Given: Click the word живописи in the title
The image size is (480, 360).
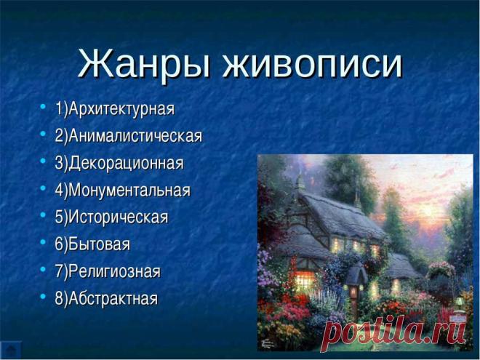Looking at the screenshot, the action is point(312,63).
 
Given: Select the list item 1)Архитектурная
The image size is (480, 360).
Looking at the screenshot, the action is point(114,109).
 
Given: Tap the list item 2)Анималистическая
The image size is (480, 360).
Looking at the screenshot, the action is point(129,136).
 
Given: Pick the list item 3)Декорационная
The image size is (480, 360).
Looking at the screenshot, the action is point(119,163).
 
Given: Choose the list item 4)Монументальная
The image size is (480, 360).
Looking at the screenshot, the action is point(122,190).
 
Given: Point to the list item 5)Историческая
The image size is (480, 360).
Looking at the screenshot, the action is point(111,217).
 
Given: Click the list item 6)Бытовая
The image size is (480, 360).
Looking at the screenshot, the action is point(92,244).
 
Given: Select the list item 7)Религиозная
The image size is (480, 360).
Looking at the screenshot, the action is point(108,271).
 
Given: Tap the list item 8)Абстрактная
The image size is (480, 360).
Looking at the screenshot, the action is point(106,298).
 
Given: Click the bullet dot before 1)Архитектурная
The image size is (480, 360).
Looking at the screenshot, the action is point(43,107).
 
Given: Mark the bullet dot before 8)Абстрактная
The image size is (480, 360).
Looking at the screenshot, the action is point(43,296).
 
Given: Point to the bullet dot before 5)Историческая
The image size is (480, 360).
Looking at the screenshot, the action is point(43,215).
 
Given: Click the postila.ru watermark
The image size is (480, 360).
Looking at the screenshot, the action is point(394,333).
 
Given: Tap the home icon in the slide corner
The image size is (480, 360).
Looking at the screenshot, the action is point(11,350).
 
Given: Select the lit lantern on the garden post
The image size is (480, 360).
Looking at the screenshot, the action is point(353,292).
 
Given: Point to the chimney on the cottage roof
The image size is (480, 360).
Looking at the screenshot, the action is point(300,182).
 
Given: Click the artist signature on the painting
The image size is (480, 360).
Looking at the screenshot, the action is point(268,344).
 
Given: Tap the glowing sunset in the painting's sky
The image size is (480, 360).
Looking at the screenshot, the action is point(428,211).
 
